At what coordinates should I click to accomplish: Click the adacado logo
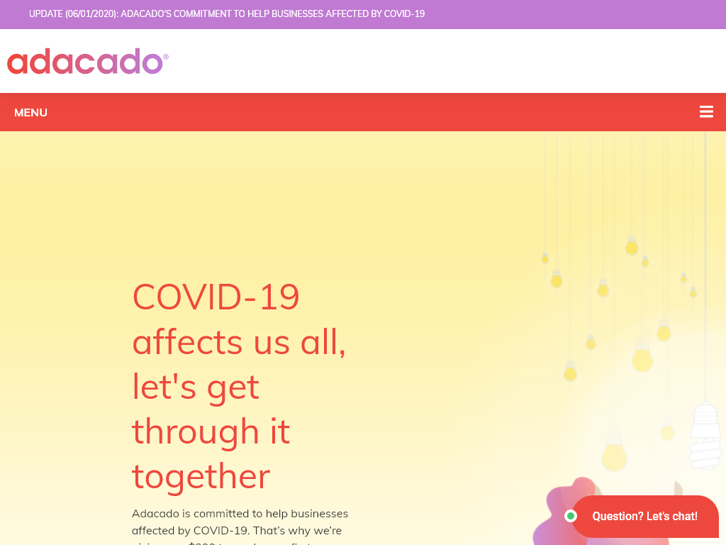(85, 62)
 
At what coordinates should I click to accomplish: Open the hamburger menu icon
(706, 112)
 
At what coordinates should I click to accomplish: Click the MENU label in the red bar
(30, 112)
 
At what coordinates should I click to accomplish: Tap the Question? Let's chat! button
(644, 516)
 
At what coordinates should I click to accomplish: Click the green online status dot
(571, 516)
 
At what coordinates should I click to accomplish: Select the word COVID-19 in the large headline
(216, 297)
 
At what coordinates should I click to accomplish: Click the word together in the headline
(201, 475)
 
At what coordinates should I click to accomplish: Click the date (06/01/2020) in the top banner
(90, 14)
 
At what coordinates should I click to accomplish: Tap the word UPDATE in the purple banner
(45, 14)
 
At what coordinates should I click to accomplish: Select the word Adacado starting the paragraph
(155, 513)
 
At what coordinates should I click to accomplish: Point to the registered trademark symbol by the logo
(166, 57)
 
